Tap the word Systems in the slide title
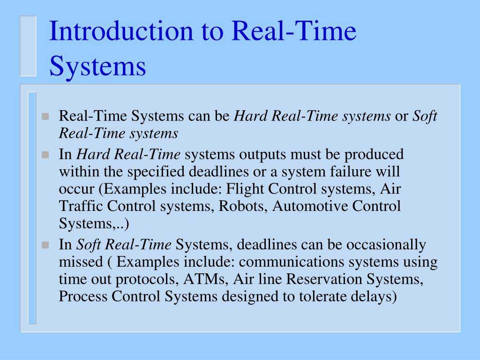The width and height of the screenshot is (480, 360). [x=97, y=66]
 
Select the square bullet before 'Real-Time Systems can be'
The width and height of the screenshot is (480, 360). [x=45, y=117]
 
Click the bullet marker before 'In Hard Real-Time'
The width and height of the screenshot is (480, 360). [x=45, y=155]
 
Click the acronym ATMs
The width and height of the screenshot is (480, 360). [x=205, y=279]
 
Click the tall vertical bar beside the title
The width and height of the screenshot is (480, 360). [x=28, y=45]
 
